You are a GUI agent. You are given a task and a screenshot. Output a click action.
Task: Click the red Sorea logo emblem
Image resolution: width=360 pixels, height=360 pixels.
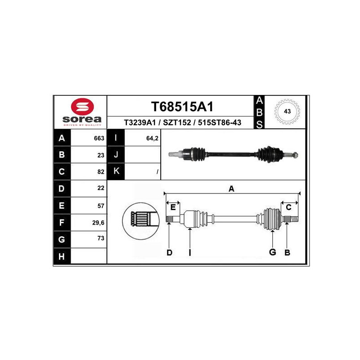click(x=82, y=107)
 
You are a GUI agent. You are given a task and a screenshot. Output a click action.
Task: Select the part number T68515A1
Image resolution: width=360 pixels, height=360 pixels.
click(x=182, y=107)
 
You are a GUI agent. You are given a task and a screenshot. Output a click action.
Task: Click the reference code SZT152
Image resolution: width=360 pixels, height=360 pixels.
click(x=177, y=122)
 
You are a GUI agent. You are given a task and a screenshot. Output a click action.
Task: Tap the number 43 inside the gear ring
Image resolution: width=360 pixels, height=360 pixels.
click(x=287, y=111)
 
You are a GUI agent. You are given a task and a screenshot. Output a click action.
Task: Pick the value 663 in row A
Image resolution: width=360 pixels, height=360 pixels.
click(x=99, y=138)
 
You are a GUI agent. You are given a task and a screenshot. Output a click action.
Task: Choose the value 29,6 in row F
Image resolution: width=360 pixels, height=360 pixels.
click(x=98, y=223)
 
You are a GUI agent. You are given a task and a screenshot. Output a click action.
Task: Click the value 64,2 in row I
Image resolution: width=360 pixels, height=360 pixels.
click(x=152, y=138)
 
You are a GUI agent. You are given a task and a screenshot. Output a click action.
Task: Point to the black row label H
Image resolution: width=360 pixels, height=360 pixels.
click(x=62, y=256)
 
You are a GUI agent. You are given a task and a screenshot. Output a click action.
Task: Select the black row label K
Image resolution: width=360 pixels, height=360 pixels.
click(x=116, y=171)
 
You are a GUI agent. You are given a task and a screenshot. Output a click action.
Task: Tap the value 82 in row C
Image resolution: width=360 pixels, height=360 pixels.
click(x=101, y=172)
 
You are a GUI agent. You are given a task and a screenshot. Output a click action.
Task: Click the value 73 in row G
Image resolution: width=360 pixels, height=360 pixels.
click(x=101, y=238)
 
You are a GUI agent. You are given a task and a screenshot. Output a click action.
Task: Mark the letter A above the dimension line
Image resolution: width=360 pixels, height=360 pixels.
click(x=231, y=189)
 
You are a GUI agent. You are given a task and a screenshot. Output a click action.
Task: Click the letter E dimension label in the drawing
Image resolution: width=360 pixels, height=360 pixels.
click(x=173, y=207)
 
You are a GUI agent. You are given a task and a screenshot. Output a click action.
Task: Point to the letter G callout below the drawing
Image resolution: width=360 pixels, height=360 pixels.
click(x=272, y=252)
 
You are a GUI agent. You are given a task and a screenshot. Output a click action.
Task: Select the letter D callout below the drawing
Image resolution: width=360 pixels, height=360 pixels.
click(x=170, y=252)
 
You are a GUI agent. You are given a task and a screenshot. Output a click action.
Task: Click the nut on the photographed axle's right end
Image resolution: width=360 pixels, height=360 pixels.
click(x=296, y=155)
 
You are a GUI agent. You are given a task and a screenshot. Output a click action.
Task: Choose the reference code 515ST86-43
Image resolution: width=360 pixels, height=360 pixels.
click(x=220, y=122)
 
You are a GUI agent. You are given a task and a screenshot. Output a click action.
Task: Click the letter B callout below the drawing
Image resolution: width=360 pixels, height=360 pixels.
click(x=287, y=252)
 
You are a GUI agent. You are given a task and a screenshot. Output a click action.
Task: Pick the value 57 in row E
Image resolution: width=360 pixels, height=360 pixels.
click(x=101, y=206)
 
